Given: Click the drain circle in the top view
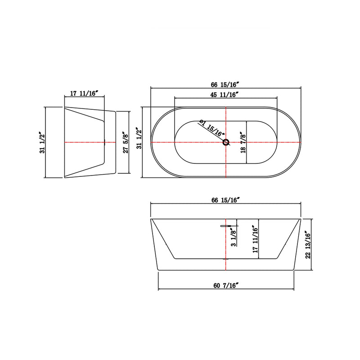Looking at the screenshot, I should (x=226, y=143).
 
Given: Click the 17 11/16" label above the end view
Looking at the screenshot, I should (x=84, y=94).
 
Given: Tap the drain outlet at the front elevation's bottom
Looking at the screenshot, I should (x=225, y=260).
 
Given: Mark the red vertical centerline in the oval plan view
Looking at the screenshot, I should (x=225, y=162).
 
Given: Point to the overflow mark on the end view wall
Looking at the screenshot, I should (x=104, y=143).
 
